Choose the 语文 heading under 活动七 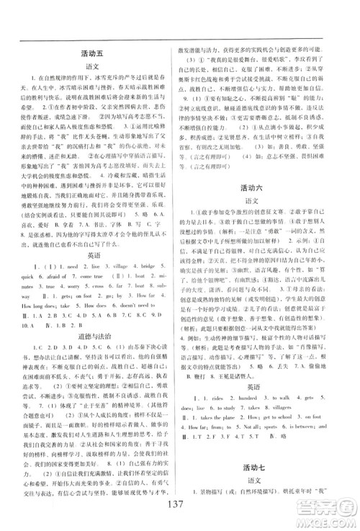[266, 490]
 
